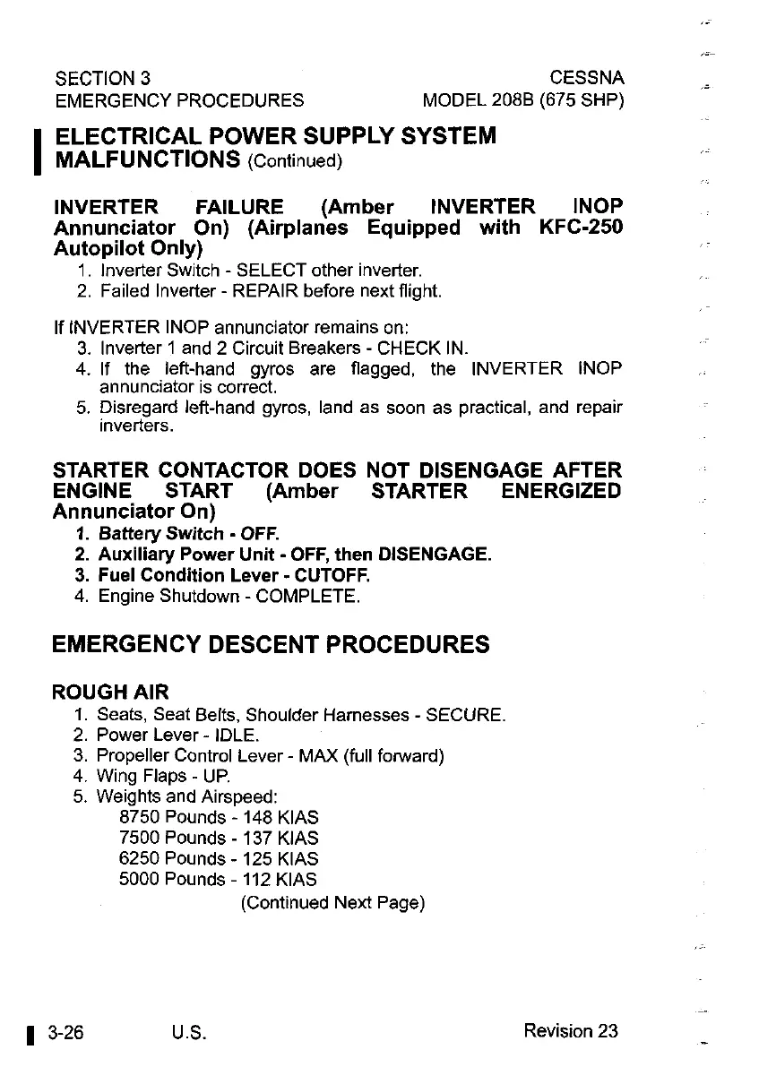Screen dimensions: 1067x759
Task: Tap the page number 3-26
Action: point(67,1032)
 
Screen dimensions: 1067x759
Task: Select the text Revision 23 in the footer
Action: point(571,1031)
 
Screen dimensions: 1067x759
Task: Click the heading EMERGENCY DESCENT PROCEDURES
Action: point(272,644)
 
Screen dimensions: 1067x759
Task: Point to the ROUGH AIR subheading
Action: point(110,692)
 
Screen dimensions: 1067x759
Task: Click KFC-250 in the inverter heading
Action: point(580,228)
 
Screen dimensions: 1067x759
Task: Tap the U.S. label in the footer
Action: point(189,1033)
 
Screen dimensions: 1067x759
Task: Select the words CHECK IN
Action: point(436,347)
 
